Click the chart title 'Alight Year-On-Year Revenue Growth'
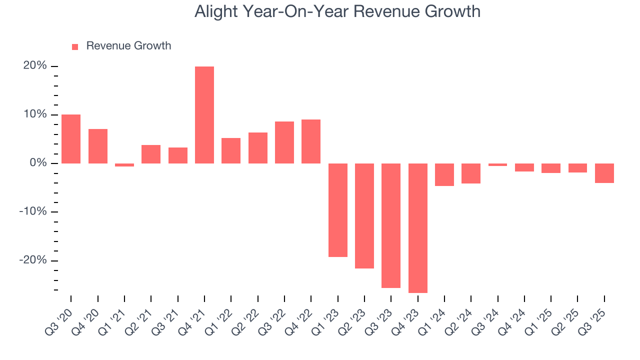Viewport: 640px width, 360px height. [x=337, y=11]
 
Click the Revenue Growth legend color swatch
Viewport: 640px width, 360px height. [x=75, y=46]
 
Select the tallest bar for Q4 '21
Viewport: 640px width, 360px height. [x=204, y=115]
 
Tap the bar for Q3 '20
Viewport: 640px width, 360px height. [x=71, y=139]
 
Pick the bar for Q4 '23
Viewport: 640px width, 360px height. [x=418, y=228]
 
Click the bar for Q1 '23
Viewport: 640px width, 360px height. [x=338, y=210]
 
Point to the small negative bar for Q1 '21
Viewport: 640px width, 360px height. [x=124, y=165]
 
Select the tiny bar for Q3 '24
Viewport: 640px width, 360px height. [x=498, y=164]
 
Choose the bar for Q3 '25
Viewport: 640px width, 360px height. [x=604, y=173]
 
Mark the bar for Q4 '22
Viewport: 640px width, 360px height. [x=311, y=141]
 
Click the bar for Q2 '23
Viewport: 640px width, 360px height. [x=364, y=216]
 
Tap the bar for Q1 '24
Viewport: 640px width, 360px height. [x=444, y=174]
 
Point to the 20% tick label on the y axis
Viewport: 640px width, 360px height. [x=34, y=66]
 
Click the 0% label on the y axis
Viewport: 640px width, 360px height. [x=37, y=163]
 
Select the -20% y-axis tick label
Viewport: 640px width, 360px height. [x=33, y=260]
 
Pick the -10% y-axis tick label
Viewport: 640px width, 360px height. [x=33, y=212]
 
